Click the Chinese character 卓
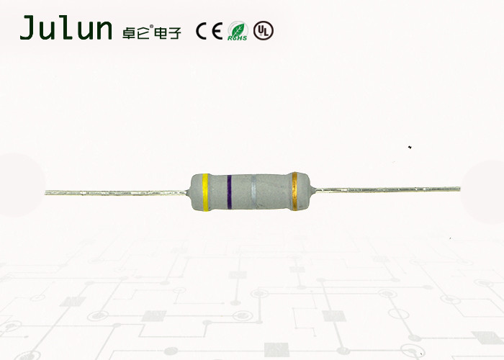click(x=127, y=31)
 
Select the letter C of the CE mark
click(x=202, y=31)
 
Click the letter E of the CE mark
click(x=217, y=31)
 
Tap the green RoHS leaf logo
click(x=238, y=31)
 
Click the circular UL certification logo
click(x=264, y=31)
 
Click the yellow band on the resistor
click(x=204, y=193)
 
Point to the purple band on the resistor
click(x=229, y=193)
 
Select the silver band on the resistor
click(x=254, y=193)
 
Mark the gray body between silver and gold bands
click(x=274, y=193)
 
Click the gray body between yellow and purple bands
click(x=217, y=193)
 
